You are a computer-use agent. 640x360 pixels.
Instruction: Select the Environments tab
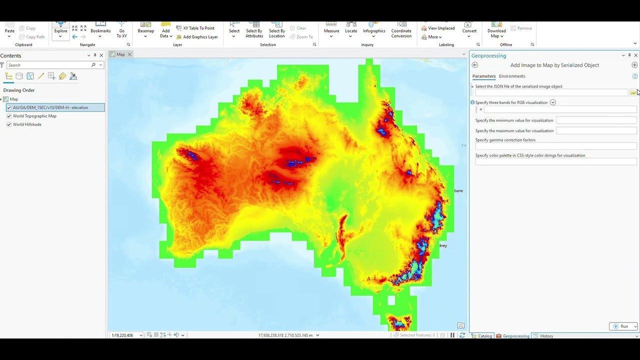tap(511, 76)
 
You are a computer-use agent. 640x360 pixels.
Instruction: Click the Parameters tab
tap(483, 76)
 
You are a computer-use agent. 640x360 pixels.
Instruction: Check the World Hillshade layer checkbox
tap(9, 124)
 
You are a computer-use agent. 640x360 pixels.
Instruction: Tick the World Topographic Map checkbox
tap(9, 116)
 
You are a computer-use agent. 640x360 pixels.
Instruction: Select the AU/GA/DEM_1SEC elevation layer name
tap(50, 107)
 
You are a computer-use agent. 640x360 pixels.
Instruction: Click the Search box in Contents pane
tap(50, 65)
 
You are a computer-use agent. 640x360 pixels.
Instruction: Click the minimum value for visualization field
tap(596, 120)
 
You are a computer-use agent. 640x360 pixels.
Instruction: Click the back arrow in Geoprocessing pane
tap(475, 65)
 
